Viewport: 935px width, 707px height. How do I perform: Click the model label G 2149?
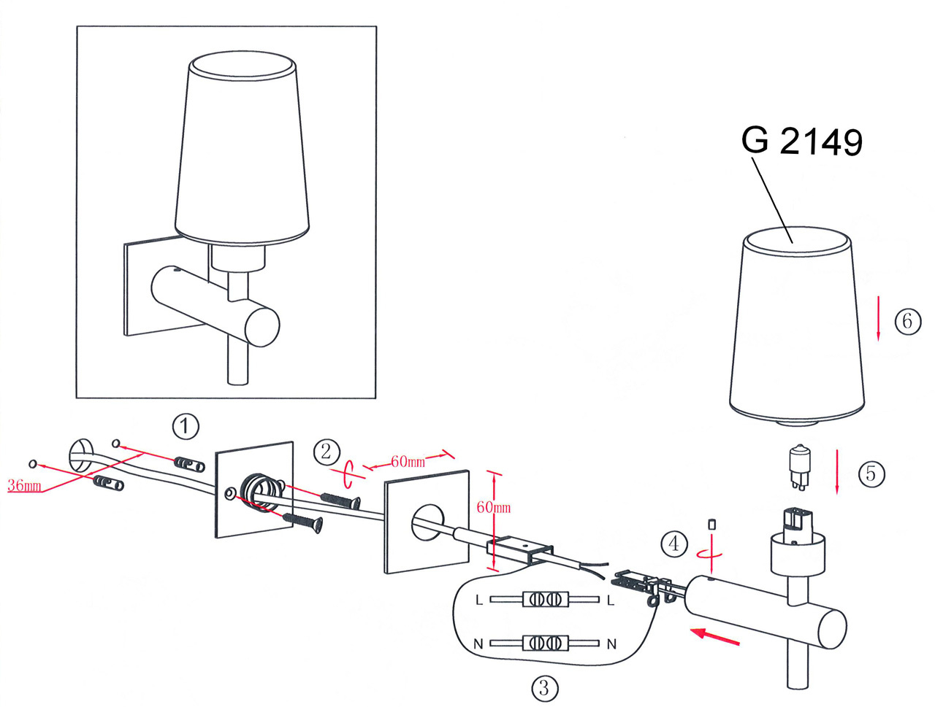click(x=801, y=141)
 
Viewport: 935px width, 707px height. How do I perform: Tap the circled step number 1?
click(x=186, y=425)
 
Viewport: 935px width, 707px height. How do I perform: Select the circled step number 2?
click(x=327, y=452)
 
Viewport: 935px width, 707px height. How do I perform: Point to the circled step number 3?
click(x=543, y=687)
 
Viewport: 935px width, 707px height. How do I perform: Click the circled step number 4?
click(x=674, y=543)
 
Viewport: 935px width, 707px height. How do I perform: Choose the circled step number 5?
click(x=871, y=474)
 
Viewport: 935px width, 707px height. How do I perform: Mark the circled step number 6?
click(x=907, y=321)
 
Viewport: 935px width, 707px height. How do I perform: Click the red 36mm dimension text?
click(x=24, y=485)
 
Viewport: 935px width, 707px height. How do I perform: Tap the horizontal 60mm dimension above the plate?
click(x=408, y=461)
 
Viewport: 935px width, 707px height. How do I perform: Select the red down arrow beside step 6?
click(x=879, y=321)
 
